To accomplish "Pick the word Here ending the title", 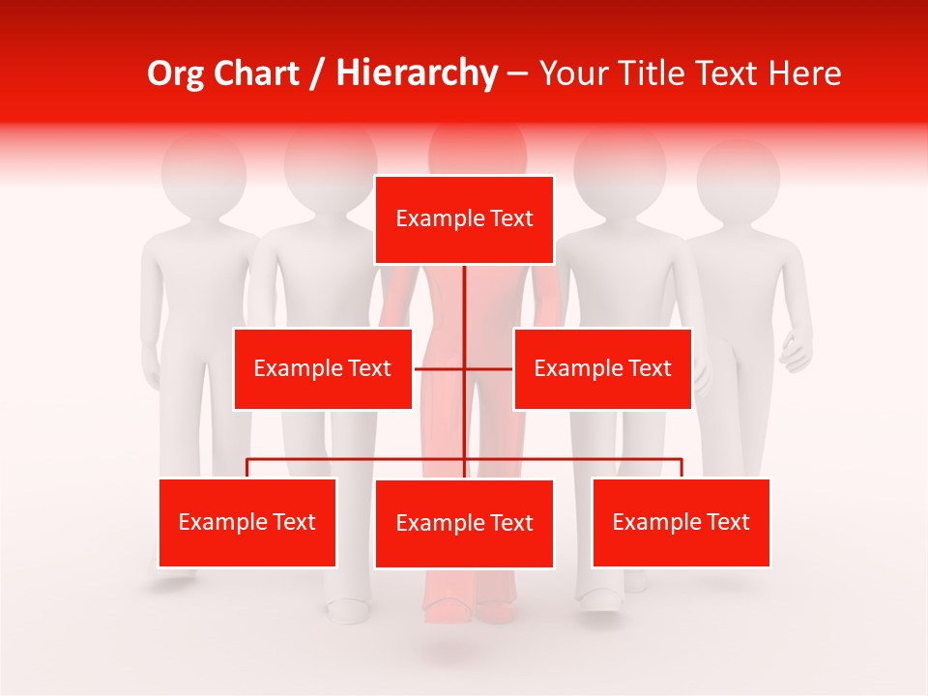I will pyautogui.click(x=804, y=73).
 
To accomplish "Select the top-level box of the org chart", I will pyautogui.click(x=464, y=219).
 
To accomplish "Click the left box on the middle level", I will pyautogui.click(x=323, y=368).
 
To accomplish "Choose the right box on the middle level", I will pyautogui.click(x=602, y=368).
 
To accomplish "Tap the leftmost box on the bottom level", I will pyautogui.click(x=247, y=522).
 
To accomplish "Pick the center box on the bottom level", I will pyautogui.click(x=464, y=523).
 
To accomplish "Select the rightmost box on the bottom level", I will pyautogui.click(x=681, y=522).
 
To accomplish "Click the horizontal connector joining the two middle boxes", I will pyautogui.click(x=441, y=368).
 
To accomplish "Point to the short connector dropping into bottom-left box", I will pyautogui.click(x=247, y=468).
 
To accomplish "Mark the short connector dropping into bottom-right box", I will pyautogui.click(x=681, y=468).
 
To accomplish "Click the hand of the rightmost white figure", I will pyautogui.click(x=797, y=353).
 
